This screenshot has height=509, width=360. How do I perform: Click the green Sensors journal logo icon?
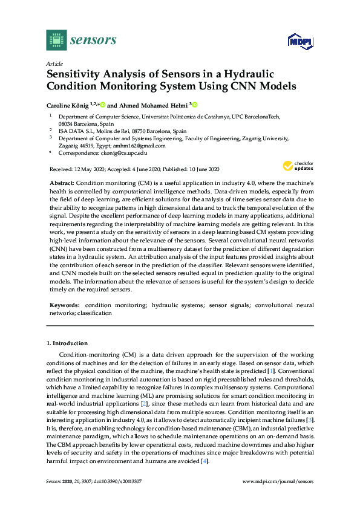(x=56, y=41)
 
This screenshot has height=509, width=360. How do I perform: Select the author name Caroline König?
(x=67, y=104)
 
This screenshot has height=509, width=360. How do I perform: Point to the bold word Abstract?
(x=61, y=183)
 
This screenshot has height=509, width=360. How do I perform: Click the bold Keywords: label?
(x=65, y=306)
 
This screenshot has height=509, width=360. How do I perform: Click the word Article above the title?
(x=54, y=63)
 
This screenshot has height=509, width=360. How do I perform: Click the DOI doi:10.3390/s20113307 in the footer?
(x=113, y=498)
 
